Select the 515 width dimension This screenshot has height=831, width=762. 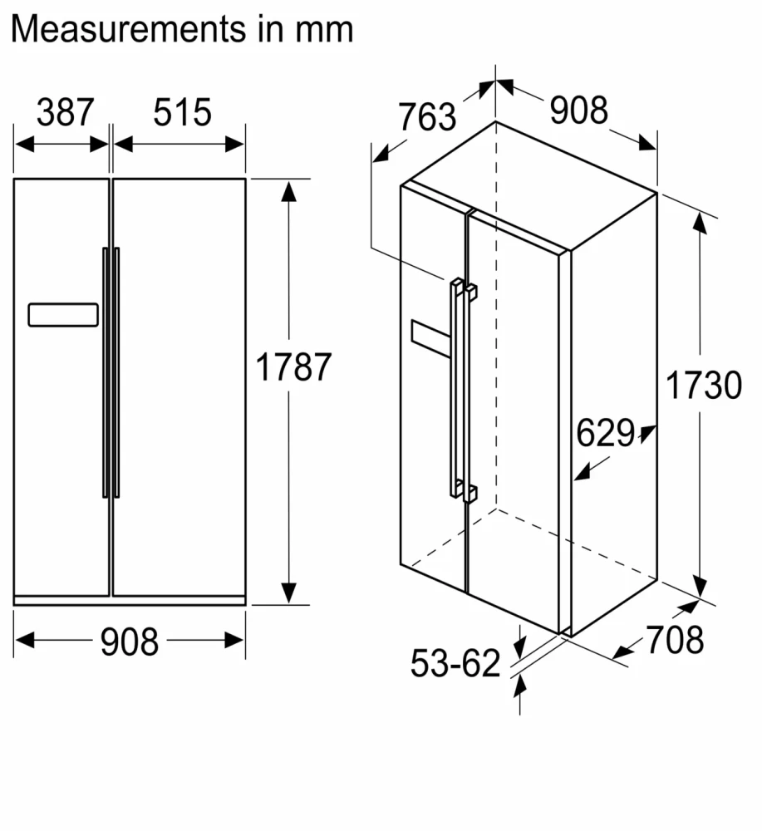(183, 112)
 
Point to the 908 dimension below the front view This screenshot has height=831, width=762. (129, 641)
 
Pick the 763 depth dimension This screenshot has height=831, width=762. (427, 116)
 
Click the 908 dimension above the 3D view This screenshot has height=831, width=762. (579, 109)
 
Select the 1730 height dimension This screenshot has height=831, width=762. (703, 386)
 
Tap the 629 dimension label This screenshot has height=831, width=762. (605, 433)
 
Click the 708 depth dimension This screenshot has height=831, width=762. (675, 639)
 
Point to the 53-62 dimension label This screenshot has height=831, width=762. (456, 662)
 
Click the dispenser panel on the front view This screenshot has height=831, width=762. (63, 315)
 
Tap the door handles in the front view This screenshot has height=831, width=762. (111, 372)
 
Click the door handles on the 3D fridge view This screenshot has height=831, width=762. (462, 391)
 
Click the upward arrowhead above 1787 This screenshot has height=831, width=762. (288, 192)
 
